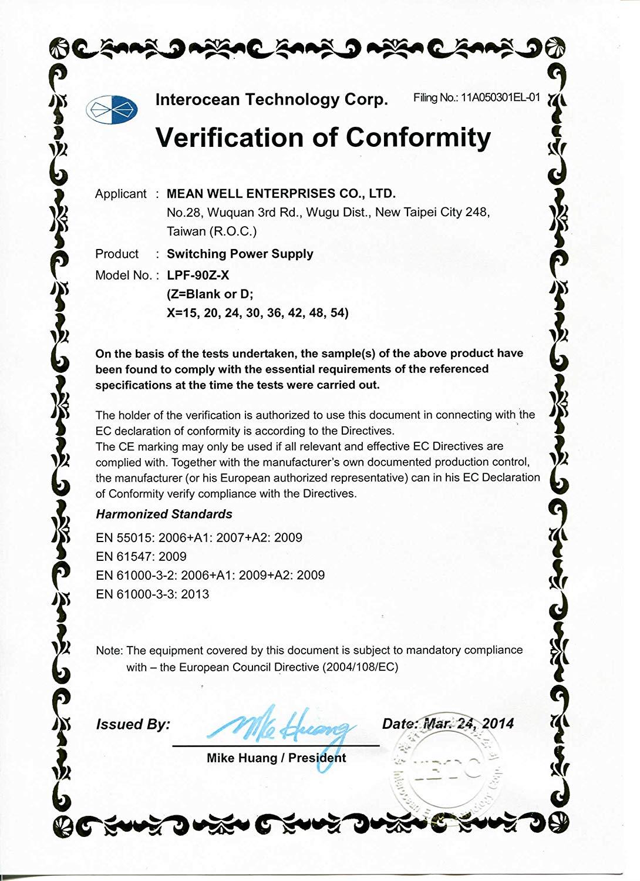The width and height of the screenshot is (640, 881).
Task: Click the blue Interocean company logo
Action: [112, 109]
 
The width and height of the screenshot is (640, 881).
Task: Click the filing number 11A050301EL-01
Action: [500, 98]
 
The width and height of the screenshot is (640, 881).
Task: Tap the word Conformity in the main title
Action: [417, 137]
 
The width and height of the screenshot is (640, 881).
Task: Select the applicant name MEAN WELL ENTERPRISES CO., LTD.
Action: [281, 193]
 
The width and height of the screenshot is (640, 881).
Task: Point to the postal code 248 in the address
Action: [477, 212]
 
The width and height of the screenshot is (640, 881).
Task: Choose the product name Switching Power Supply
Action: [240, 254]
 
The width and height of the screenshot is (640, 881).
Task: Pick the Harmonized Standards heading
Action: [164, 514]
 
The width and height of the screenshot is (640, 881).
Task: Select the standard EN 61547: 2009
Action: [141, 556]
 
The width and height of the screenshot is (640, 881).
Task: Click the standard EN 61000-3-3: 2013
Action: [152, 594]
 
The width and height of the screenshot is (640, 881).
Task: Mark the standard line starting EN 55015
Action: [198, 537]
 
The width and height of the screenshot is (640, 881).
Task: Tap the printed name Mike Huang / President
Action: [276, 758]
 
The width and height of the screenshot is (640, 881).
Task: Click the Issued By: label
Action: [133, 724]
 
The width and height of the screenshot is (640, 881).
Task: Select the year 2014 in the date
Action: [498, 724]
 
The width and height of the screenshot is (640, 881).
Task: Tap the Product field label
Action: [117, 254]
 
